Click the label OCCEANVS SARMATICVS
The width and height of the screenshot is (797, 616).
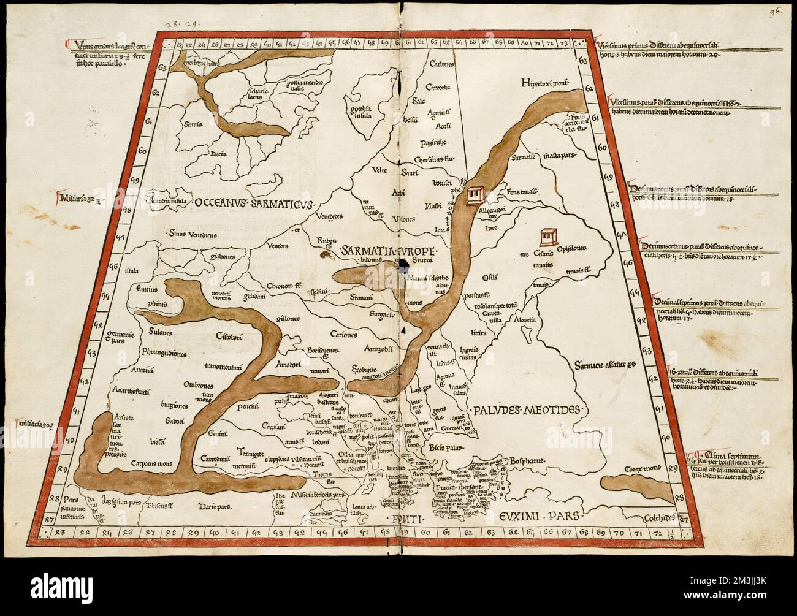pyautogui.click(x=256, y=202)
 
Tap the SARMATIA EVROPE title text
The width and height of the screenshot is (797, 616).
pyautogui.click(x=381, y=252)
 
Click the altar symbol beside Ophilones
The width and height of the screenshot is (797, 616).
pyautogui.click(x=548, y=236)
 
